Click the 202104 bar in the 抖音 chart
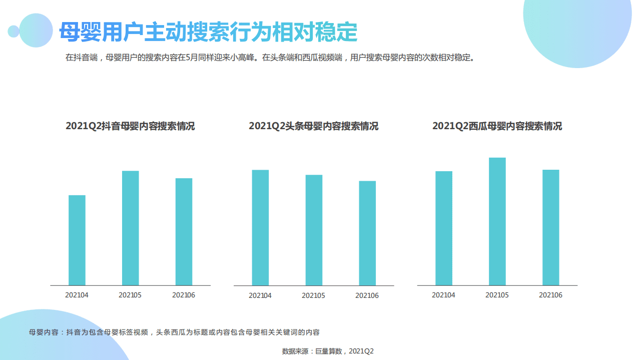coord(77,240)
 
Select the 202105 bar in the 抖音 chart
coord(131,228)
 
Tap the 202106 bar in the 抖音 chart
coord(184,231)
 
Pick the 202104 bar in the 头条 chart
coord(260,228)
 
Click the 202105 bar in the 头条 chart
coord(314,230)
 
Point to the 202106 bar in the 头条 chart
coord(367,233)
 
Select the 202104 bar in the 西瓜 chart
coord(444,228)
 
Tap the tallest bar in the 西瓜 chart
coord(497,221)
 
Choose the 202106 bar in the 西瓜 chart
coord(551,227)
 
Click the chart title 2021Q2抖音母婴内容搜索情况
coord(130,126)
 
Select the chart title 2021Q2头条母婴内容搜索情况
coord(314,126)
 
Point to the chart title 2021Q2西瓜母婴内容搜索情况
coord(497,126)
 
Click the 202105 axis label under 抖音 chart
coord(130,295)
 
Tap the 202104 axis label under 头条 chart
coord(260,296)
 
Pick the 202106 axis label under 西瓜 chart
coord(550,295)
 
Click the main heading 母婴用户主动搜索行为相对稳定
coord(208,32)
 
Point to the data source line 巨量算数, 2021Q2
coord(328,351)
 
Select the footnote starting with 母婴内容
coord(174,332)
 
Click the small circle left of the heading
coord(14,32)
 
